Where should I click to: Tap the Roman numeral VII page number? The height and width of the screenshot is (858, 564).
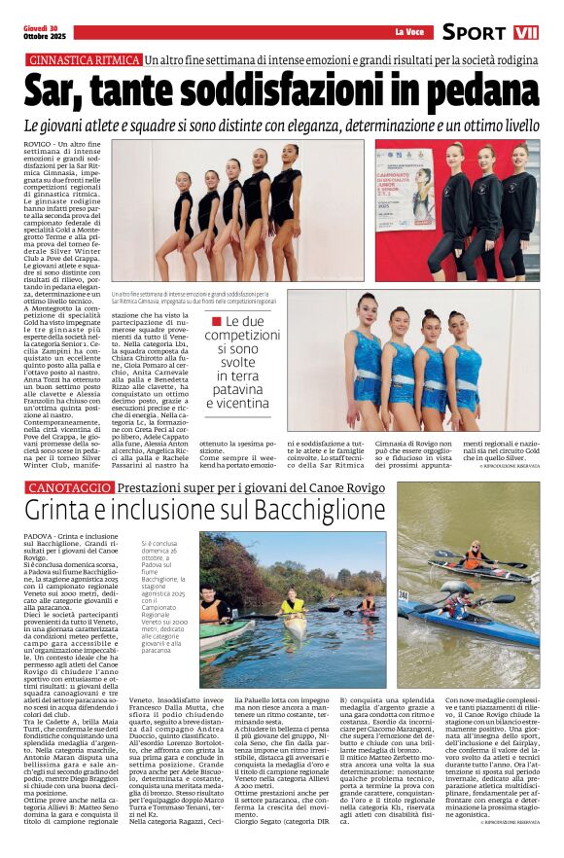click(526, 32)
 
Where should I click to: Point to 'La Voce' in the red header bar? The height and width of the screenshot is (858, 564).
click(409, 32)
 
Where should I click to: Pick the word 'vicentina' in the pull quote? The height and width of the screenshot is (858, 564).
click(237, 403)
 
